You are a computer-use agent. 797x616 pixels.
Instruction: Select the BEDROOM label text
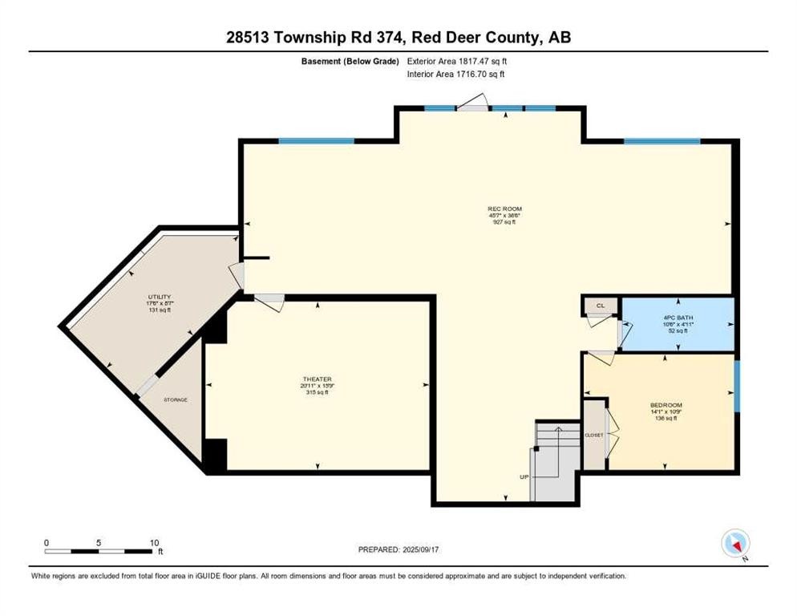click(x=666, y=405)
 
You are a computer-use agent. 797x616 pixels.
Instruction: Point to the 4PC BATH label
click(x=677, y=318)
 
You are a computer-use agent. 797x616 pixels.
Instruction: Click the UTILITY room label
click(x=159, y=297)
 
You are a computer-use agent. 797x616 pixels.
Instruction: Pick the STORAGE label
click(x=176, y=399)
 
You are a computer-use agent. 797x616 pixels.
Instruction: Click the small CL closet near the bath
click(x=600, y=306)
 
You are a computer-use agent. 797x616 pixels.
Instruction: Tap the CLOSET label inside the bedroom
click(x=594, y=435)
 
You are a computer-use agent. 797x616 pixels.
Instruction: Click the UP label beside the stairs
click(x=524, y=477)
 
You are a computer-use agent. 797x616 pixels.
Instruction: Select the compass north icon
click(x=734, y=543)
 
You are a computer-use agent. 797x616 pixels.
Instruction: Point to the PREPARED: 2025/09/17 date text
click(x=398, y=549)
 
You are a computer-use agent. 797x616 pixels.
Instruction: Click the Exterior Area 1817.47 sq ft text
click(x=457, y=61)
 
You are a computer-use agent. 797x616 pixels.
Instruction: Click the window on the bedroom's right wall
click(x=736, y=387)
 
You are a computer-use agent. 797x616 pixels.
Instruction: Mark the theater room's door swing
click(x=270, y=302)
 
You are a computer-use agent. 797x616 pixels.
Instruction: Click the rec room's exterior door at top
click(x=473, y=103)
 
